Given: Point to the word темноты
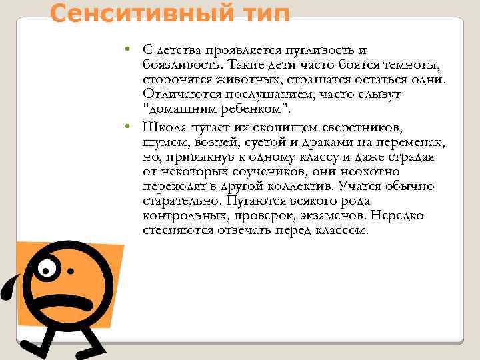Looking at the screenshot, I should pos(412,65).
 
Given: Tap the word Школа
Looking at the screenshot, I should pos(163,127).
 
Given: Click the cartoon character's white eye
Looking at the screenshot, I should pos(45,268).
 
